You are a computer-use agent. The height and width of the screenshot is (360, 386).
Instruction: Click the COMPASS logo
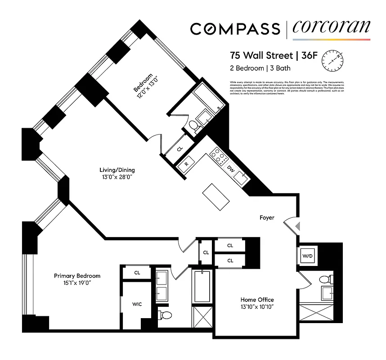(x=235, y=29)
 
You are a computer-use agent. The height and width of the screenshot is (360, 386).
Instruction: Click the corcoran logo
(x=331, y=28)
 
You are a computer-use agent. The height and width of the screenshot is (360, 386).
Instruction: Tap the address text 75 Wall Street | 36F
(x=268, y=56)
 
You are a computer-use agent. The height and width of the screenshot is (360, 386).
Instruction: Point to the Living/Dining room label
(x=117, y=170)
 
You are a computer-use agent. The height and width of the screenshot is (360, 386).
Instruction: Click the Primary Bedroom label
(x=77, y=276)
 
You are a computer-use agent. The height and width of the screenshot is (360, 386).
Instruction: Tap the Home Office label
(x=257, y=300)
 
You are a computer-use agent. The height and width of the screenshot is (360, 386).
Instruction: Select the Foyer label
(x=267, y=217)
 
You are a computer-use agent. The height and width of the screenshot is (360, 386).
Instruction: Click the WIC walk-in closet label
(x=137, y=305)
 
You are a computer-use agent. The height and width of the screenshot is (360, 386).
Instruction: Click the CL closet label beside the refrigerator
(x=179, y=148)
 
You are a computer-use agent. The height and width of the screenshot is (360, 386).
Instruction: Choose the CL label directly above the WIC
(x=137, y=273)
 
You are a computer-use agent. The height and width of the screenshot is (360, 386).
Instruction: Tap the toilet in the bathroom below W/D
(x=324, y=279)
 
